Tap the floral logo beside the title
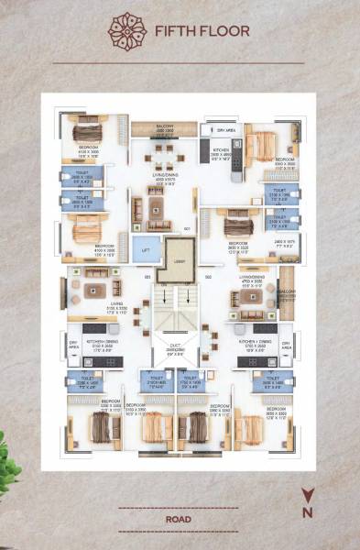click(126, 30)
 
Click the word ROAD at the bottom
click(179, 519)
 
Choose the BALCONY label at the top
click(164, 128)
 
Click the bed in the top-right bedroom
click(261, 145)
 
